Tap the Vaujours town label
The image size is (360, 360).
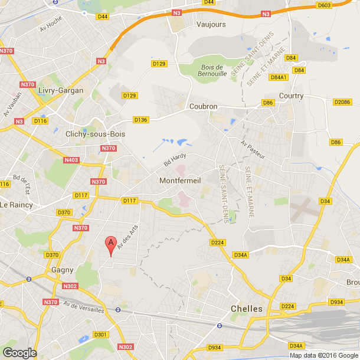pyautogui.click(x=211, y=25)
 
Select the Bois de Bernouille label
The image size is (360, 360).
pyautogui.click(x=210, y=71)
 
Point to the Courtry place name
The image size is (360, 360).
pyautogui.click(x=291, y=96)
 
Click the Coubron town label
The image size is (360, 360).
pyautogui.click(x=203, y=106)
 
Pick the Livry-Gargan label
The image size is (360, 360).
pyautogui.click(x=60, y=90)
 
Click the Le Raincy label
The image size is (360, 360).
pyautogui.click(x=17, y=205)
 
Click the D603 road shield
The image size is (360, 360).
pyautogui.click(x=341, y=5)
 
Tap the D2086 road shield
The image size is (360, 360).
pyautogui.click(x=342, y=102)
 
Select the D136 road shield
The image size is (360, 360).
pyautogui.click(x=140, y=120)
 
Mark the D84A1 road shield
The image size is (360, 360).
pyautogui.click(x=279, y=77)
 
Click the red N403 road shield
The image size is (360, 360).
pyautogui.click(x=71, y=159)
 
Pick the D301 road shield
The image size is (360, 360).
pyautogui.click(x=101, y=335)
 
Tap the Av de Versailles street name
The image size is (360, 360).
pyautogui.click(x=83, y=307)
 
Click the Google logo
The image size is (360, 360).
pyautogui.click(x=19, y=352)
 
